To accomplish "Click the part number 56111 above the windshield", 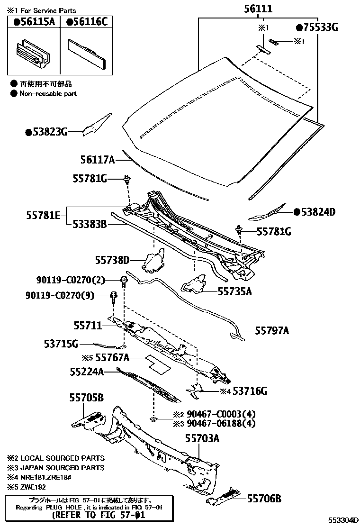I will tap(259, 9).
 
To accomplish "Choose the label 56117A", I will tap(94, 160).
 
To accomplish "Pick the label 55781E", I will tap(43, 216).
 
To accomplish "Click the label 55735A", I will tap(235, 291).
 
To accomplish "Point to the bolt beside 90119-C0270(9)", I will tap(113, 297).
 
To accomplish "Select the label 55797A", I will tap(272, 330).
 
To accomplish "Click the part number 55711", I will tap(88, 326).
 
